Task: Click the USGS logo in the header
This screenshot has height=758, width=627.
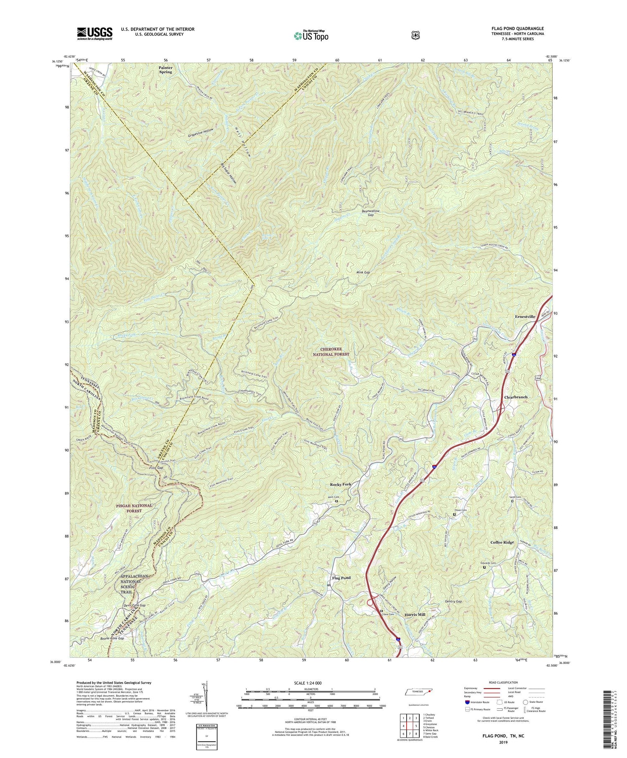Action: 94,33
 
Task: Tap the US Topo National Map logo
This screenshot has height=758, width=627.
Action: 311,36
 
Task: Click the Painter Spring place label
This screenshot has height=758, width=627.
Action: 165,69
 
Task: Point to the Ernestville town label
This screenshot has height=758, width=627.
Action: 525,316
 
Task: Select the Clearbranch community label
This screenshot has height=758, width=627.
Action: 515,397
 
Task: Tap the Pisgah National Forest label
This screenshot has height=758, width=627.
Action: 134,508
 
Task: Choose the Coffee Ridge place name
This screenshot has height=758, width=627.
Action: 502,542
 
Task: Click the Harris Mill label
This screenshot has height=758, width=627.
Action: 415,615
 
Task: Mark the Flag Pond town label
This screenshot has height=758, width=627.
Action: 341,578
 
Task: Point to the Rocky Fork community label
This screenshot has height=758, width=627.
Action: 341,484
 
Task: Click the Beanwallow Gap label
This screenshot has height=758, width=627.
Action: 370,213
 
